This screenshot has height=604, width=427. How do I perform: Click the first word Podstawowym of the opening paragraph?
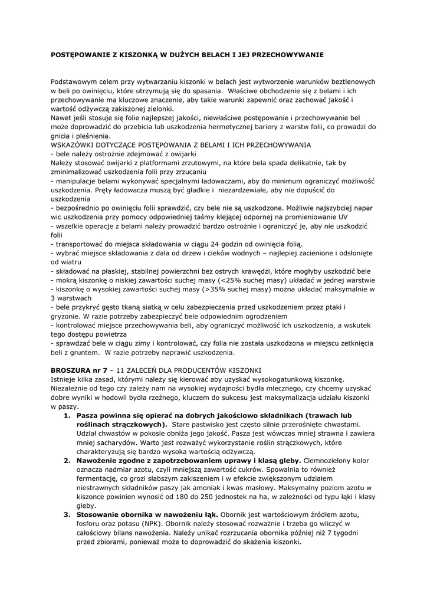[74, 81]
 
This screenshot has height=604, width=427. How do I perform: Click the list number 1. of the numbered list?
[67, 415]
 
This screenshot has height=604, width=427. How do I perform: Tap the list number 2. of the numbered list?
[67, 460]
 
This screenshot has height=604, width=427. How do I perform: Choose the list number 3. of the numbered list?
[67, 514]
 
